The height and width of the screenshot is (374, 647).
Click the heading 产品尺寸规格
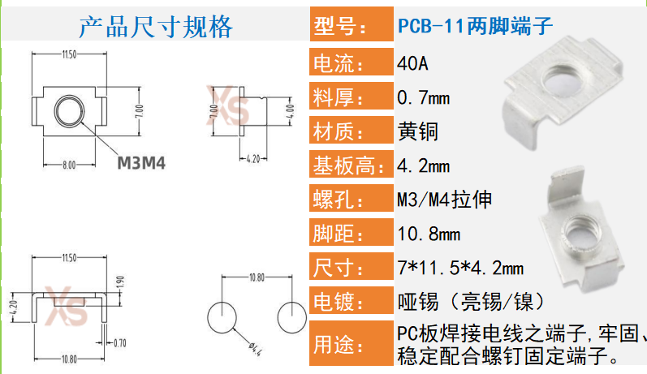(155, 27)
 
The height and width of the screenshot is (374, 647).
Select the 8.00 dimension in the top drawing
(68, 165)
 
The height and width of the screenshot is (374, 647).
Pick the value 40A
(412, 62)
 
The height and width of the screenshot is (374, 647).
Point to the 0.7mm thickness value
(423, 98)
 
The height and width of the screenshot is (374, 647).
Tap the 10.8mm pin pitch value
(429, 234)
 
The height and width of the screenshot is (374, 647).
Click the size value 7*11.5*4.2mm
(460, 269)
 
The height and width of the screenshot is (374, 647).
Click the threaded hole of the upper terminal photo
(559, 80)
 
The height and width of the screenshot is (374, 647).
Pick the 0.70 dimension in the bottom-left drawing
(121, 342)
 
